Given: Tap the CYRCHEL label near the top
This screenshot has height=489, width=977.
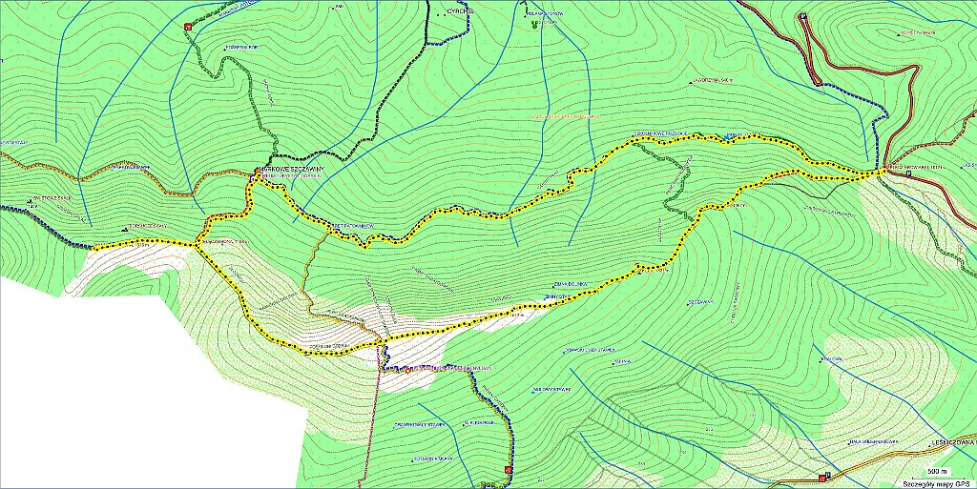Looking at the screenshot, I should coord(462,11).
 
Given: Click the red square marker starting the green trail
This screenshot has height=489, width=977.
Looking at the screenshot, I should coord(188,27).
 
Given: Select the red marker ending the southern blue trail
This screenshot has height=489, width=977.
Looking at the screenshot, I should coord(509,470).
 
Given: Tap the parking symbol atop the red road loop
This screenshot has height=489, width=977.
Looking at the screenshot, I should coord(803,16).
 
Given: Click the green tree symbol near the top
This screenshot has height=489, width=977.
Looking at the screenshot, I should coord(535,22).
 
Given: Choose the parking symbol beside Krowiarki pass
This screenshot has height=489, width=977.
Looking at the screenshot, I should coord(819,83).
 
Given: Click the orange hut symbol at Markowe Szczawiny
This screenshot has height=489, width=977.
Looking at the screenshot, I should coord(256,173).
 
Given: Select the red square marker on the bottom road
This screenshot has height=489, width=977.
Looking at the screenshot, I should coord(821,478).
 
